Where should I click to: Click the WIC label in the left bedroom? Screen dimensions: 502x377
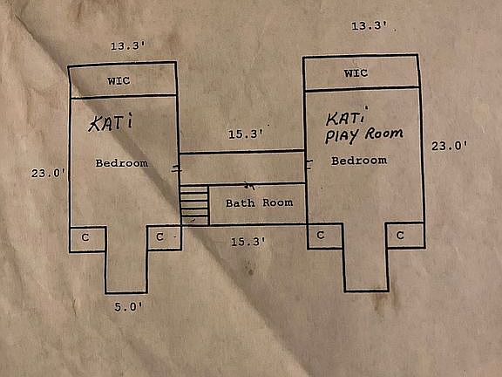pyautogui.click(x=119, y=80)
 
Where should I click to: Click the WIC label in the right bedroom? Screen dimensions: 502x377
pyautogui.click(x=356, y=73)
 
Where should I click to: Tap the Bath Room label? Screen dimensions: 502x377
pyautogui.click(x=260, y=203)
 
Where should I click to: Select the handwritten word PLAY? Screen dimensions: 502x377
pyautogui.click(x=342, y=136)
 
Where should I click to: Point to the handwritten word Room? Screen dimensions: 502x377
pyautogui.click(x=384, y=134)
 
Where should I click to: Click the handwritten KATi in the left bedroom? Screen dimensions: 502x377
pyautogui.click(x=111, y=122)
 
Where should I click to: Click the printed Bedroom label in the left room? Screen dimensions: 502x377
pyautogui.click(x=122, y=163)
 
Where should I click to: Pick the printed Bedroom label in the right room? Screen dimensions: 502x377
pyautogui.click(x=359, y=161)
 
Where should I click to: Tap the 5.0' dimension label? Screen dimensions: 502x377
pyautogui.click(x=128, y=307)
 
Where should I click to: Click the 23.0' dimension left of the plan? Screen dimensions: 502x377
pyautogui.click(x=48, y=174)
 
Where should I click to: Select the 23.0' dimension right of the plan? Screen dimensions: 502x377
pyautogui.click(x=449, y=147)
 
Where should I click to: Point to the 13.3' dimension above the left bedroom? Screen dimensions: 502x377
pyautogui.click(x=128, y=46)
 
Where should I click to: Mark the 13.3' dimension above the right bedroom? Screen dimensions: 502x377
pyautogui.click(x=370, y=25)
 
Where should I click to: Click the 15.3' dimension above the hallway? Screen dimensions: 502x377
pyautogui.click(x=246, y=134)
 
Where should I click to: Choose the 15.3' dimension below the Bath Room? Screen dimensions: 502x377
pyautogui.click(x=248, y=242)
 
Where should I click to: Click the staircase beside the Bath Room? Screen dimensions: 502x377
pyautogui.click(x=194, y=205)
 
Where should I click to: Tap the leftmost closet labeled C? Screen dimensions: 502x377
pyautogui.click(x=87, y=239)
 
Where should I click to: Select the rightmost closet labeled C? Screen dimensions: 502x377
pyautogui.click(x=405, y=236)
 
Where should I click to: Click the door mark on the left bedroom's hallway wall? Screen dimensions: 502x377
pyautogui.click(x=176, y=168)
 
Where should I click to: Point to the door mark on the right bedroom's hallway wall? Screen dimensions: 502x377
pyautogui.click(x=309, y=164)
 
